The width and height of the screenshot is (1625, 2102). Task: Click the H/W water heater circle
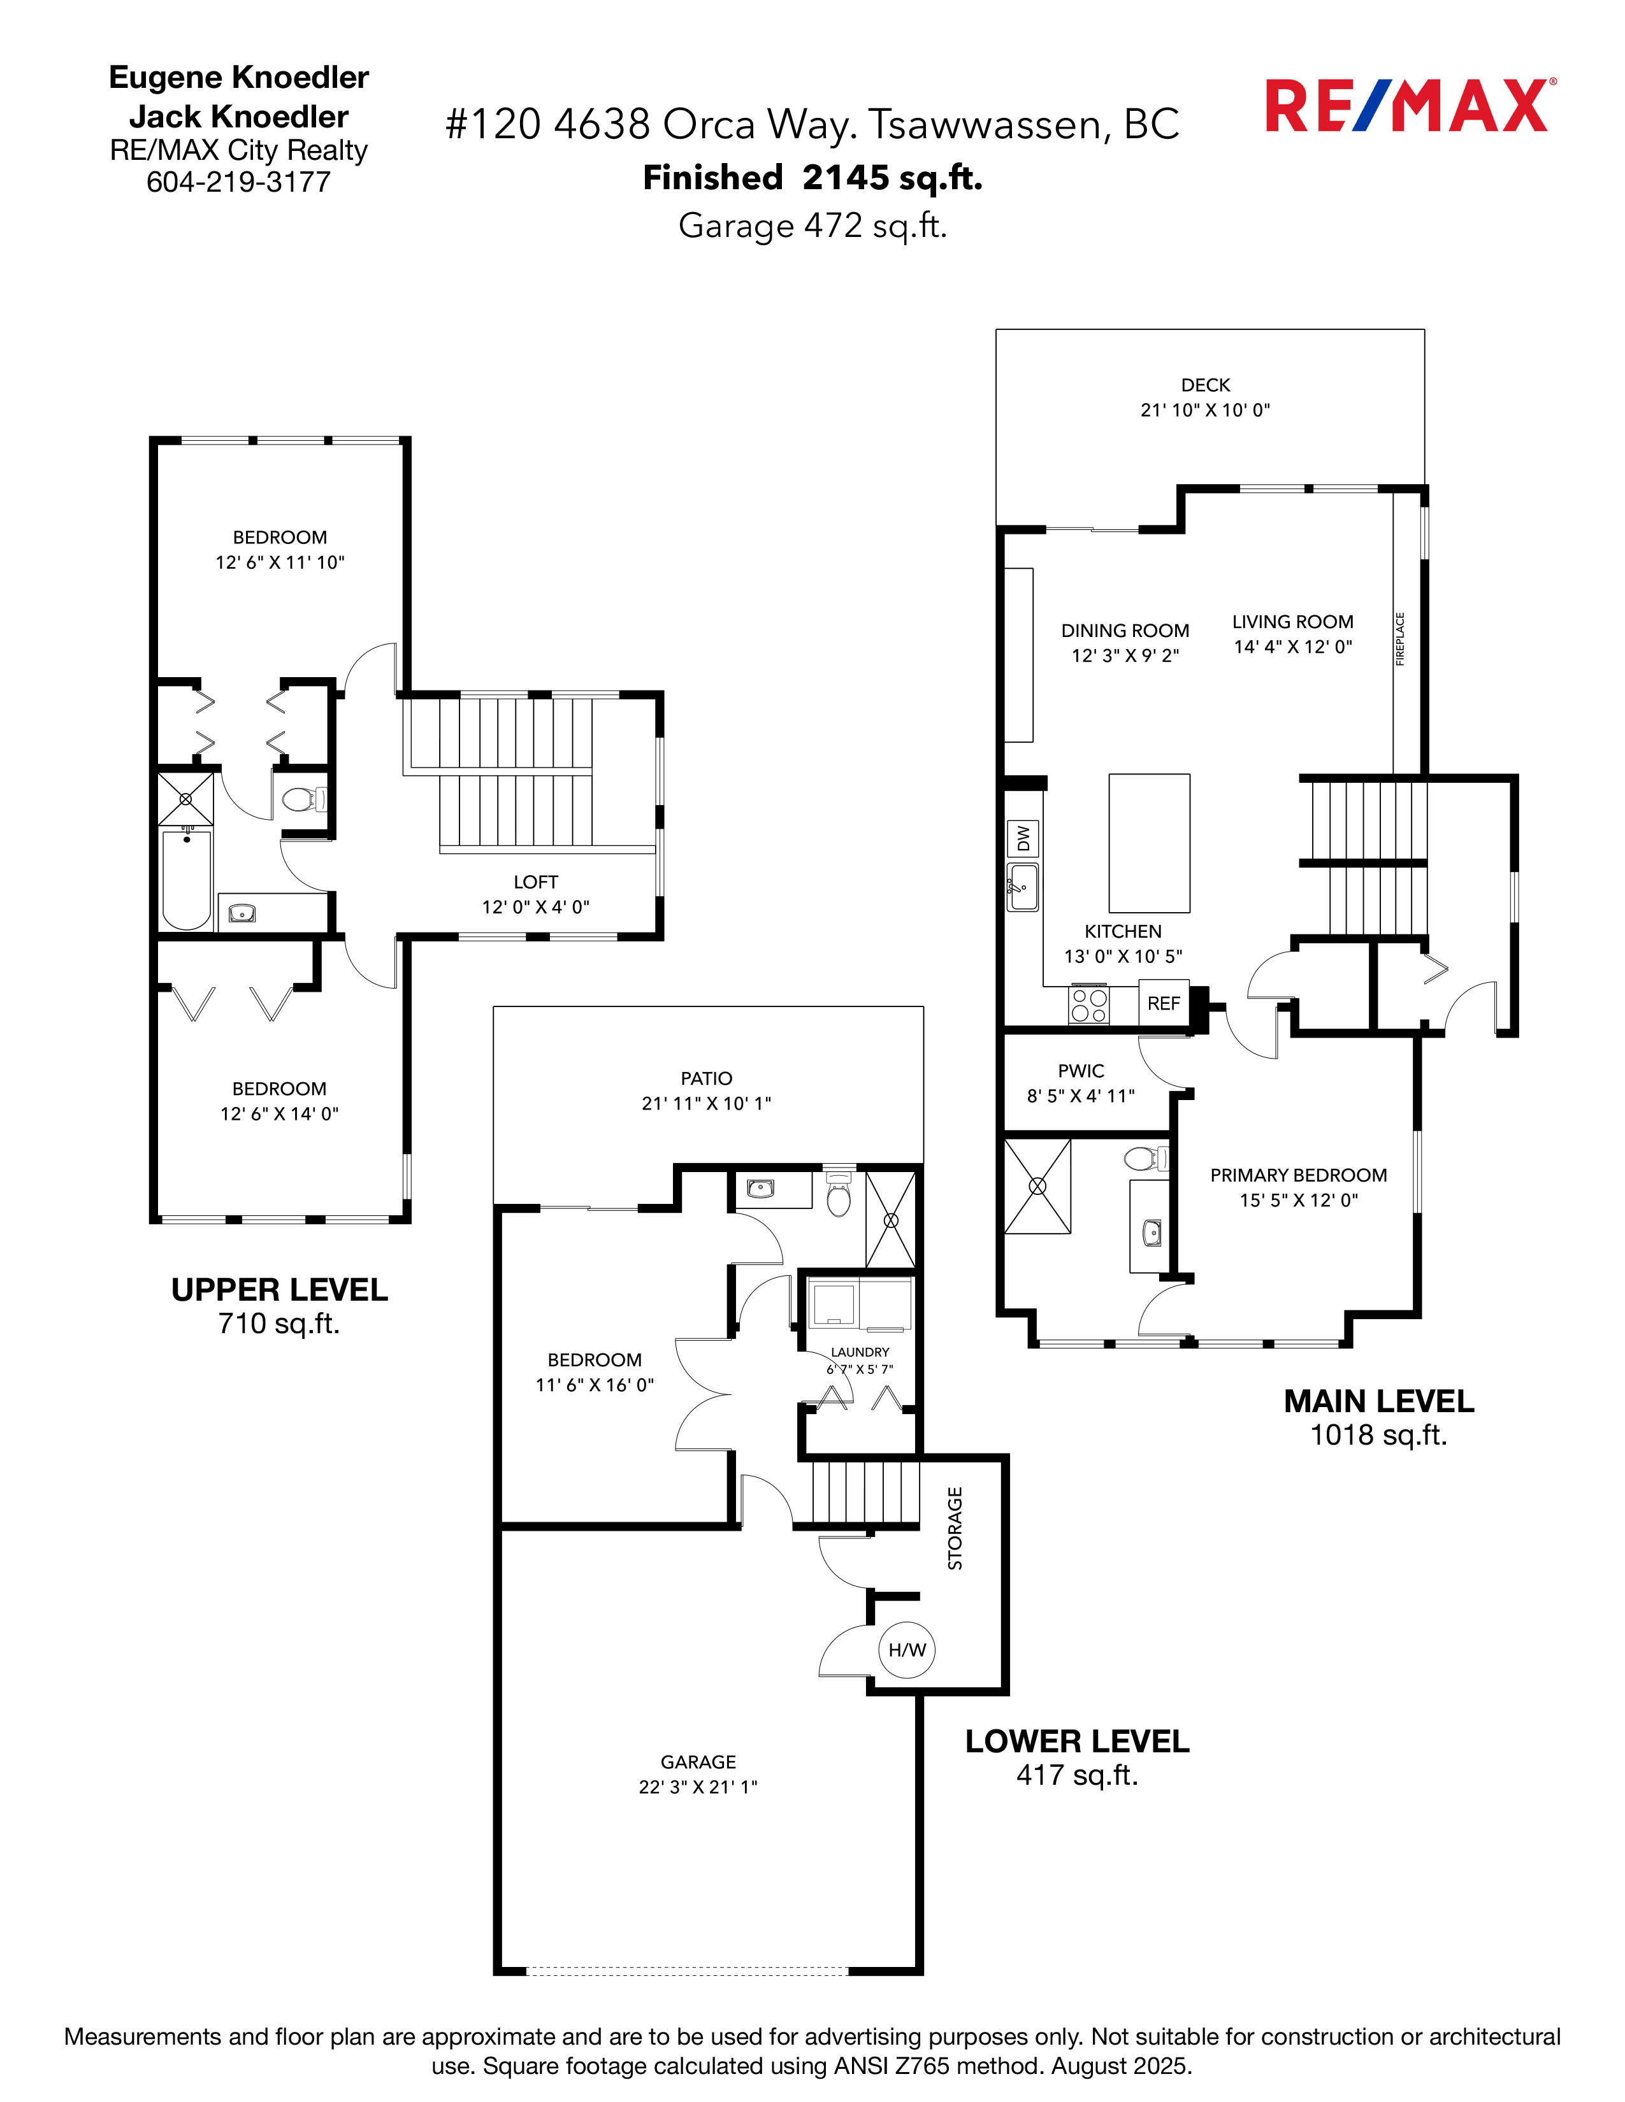907,1650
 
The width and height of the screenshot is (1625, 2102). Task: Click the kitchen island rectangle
1150,843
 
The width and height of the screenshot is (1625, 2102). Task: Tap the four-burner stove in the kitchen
1089,1006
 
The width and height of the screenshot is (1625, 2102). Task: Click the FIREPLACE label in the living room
1400,639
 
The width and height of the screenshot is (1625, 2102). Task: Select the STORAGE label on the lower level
955,1528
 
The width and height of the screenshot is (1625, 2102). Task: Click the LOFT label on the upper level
535,882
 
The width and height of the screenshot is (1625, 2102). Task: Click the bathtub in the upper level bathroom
186,880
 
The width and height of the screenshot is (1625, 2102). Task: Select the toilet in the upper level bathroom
303,799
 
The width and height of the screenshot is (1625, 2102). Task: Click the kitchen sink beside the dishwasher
1022,887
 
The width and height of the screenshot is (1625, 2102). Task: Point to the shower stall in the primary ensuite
1037,1187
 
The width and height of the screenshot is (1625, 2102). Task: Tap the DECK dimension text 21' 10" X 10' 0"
1205,410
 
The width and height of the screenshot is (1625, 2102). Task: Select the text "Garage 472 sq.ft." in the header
812,226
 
